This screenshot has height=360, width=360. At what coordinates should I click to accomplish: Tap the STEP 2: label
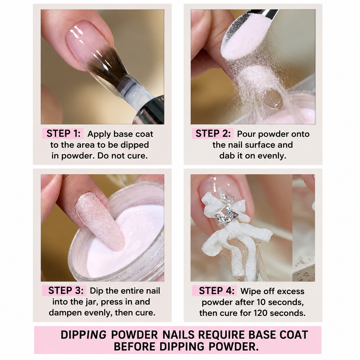213,133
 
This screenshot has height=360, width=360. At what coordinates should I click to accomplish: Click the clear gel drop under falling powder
274,99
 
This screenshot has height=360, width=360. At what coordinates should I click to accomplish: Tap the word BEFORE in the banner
135,347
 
